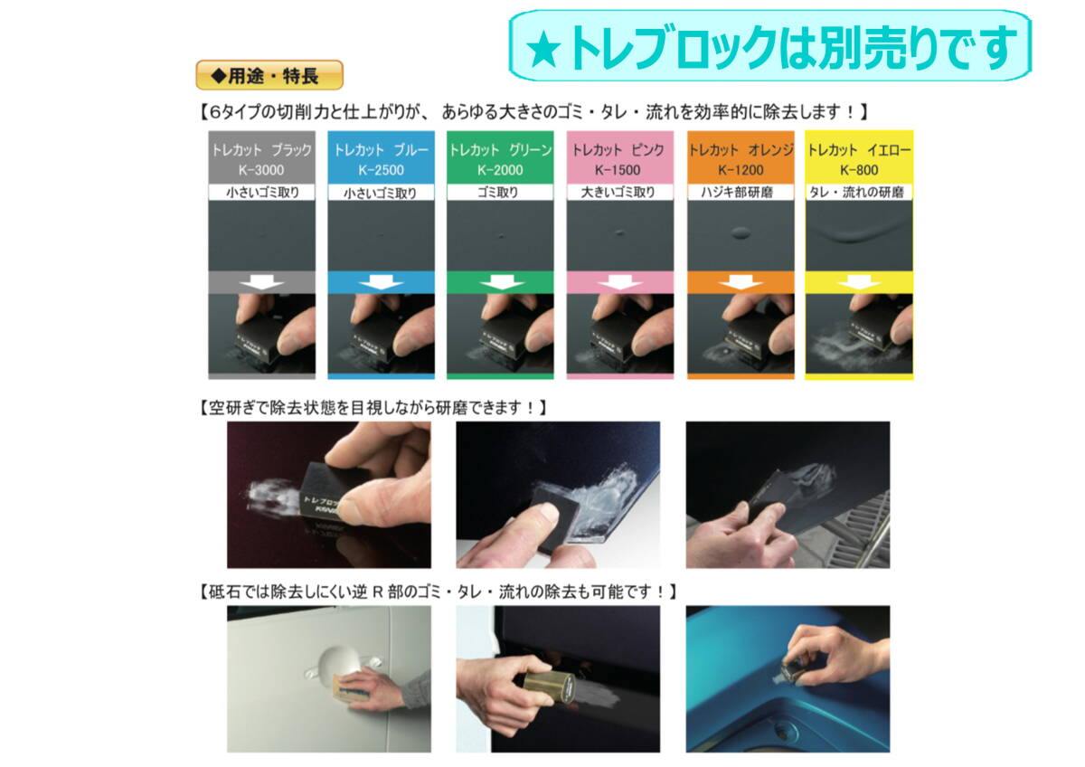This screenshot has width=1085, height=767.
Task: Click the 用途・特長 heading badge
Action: [269, 75]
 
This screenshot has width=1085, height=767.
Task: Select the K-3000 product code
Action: [261, 170]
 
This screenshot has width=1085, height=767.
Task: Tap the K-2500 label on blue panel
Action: [381, 170]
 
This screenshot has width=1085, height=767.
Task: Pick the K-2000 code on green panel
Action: [500, 170]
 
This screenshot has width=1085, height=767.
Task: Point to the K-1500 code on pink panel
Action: [618, 170]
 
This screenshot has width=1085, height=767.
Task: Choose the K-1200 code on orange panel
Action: [741, 170]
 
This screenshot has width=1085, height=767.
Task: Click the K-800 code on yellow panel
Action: [859, 170]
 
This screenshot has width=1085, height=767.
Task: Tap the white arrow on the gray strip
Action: [261, 282]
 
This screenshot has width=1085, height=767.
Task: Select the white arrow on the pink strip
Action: [619, 282]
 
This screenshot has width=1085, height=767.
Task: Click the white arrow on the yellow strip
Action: [859, 282]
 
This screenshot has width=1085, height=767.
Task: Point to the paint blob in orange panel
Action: [741, 233]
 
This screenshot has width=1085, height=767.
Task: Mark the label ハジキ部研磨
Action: [737, 193]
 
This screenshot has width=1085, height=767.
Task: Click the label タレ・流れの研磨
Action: [856, 193]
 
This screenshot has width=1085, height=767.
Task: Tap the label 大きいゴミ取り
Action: [618, 193]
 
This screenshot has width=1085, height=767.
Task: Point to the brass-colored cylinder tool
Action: [549, 687]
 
